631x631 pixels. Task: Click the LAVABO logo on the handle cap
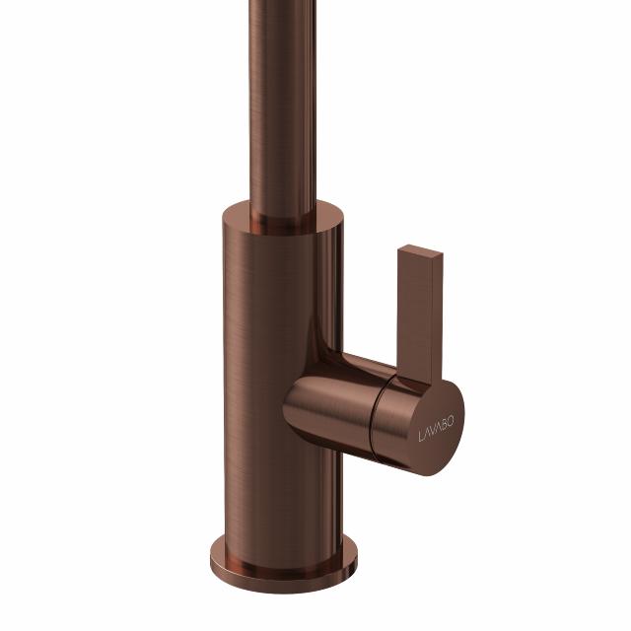436,430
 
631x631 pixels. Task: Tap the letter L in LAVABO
421,437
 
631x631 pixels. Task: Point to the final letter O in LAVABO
451,421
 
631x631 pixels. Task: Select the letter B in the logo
445,425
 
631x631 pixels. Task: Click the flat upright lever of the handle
420,314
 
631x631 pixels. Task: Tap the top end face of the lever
421,249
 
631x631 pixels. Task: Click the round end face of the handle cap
437,428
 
